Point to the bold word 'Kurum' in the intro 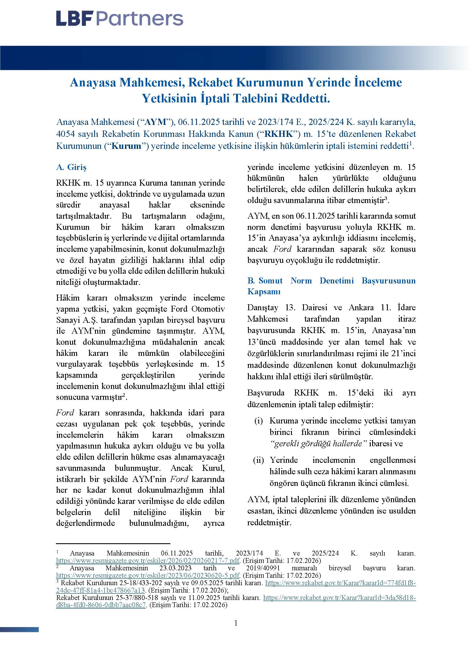coord(126,145)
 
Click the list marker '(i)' coord(258,421)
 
